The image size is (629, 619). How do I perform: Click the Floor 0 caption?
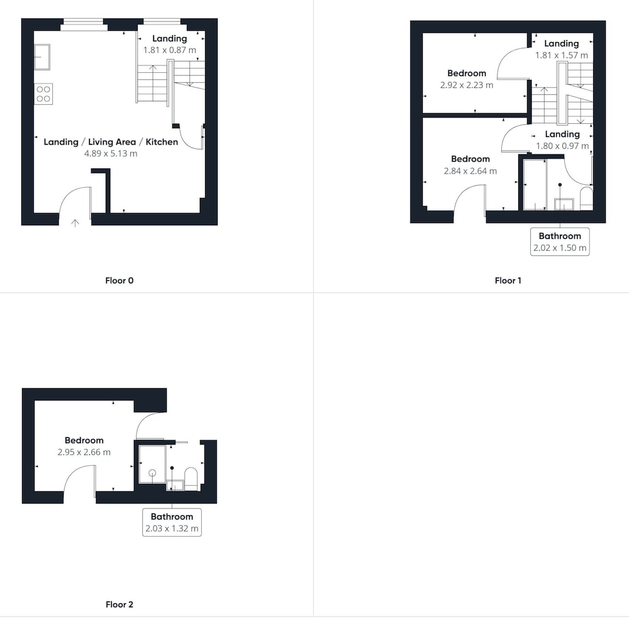[119, 281]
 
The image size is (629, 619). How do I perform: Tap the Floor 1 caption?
[508, 281]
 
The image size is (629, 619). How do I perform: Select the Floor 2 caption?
[119, 604]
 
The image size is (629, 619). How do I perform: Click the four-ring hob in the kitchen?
[43, 94]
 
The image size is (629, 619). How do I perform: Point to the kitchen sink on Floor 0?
[42, 57]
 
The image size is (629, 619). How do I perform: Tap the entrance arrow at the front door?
[75, 223]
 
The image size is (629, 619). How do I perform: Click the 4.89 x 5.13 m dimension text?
[111, 153]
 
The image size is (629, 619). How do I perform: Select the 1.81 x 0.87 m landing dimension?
[170, 50]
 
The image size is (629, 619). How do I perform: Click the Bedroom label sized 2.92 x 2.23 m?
[467, 74]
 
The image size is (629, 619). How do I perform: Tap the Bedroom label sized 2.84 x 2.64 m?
[470, 159]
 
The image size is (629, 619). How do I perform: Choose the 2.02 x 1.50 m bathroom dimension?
[560, 248]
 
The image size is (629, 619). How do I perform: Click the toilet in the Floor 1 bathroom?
[586, 198]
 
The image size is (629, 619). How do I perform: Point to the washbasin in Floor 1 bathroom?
[564, 204]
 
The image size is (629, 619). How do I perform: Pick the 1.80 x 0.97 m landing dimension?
[562, 146]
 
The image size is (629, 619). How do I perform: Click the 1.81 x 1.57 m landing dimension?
[562, 55]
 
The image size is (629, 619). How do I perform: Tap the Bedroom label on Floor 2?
[84, 441]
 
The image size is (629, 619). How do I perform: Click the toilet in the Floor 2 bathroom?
[191, 479]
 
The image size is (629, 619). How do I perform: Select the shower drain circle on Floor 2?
[152, 473]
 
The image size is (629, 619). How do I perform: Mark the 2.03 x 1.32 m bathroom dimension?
[172, 529]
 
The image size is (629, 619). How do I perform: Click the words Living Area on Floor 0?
[112, 142]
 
